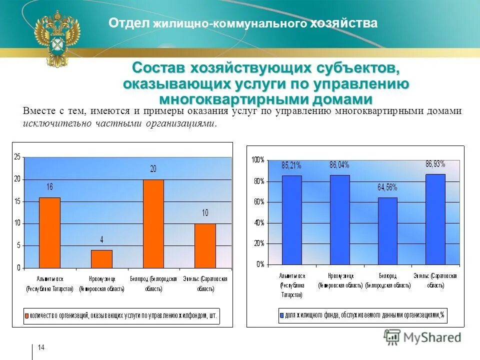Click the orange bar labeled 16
[x=49, y=232]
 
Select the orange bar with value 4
[x=101, y=258]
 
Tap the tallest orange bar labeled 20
[x=153, y=223]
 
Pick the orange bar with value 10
[x=205, y=245]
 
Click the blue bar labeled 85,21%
[x=291, y=219]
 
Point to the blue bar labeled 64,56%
[x=387, y=230]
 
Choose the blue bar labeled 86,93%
[x=435, y=218]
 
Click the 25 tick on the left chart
[x=17, y=157]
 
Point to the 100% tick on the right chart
[x=257, y=160]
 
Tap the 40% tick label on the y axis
[x=258, y=222]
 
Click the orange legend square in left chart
[x=27, y=315]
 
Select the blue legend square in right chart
[x=281, y=315]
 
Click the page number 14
[x=41, y=347]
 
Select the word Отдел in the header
[x=129, y=23]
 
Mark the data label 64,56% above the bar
[x=387, y=187]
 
